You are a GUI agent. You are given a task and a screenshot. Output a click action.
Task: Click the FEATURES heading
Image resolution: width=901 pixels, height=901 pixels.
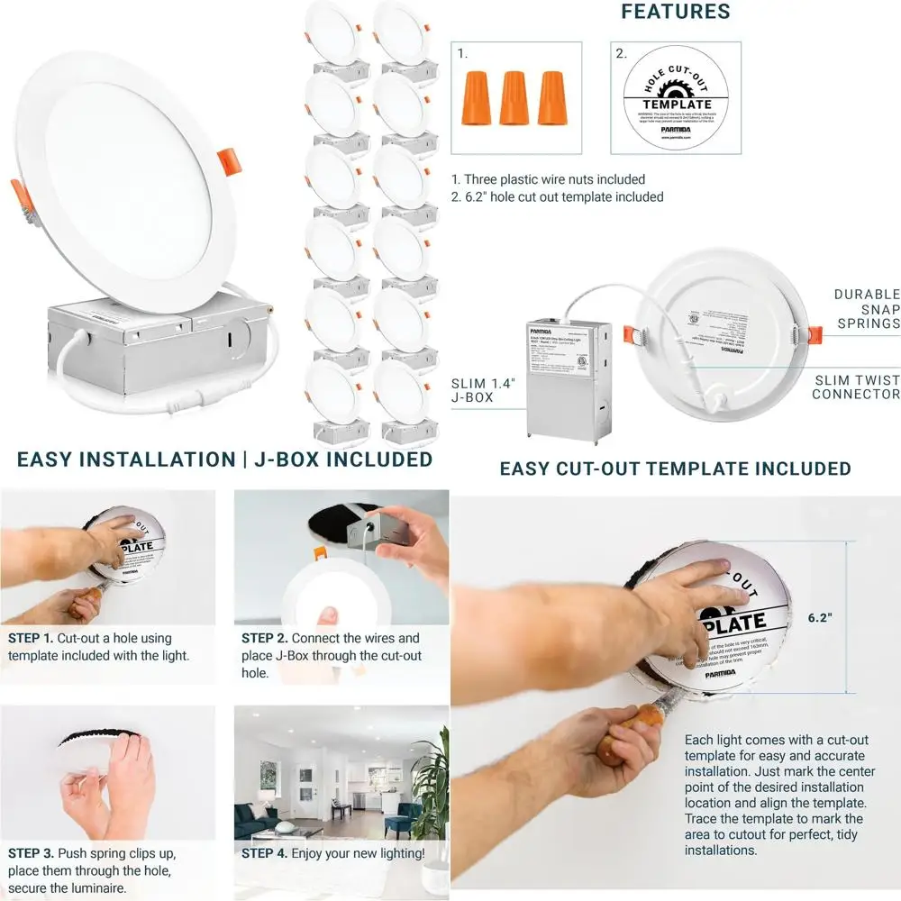pos(675,12)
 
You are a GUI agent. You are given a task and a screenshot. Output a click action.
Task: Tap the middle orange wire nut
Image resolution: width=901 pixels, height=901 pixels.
pos(514,97)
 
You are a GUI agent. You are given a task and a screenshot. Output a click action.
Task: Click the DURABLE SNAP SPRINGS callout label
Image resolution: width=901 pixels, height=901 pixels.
pos(866,308)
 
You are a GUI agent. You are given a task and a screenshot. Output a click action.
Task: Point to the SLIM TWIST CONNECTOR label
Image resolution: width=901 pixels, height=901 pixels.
pos(855,387)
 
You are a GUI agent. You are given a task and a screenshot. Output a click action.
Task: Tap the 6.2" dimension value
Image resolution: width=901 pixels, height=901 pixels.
pos(819,618)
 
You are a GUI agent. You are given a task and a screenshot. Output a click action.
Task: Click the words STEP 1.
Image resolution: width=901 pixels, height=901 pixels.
pos(31,638)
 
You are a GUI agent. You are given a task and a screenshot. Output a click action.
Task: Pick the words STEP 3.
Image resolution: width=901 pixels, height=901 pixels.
pos(31,852)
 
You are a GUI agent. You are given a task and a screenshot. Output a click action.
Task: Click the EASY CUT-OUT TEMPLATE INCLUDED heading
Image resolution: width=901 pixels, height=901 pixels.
pos(675,469)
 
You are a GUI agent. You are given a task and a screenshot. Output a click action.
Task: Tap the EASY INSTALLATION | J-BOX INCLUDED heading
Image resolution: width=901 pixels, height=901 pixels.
pos(224,460)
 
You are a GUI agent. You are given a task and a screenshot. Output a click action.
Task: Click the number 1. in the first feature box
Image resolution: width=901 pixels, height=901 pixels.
pos(463,54)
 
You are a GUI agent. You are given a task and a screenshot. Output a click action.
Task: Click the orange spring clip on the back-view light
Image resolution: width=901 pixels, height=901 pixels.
pos(815,334)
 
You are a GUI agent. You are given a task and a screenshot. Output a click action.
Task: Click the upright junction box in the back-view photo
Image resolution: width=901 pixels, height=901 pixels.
pos(568,378)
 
